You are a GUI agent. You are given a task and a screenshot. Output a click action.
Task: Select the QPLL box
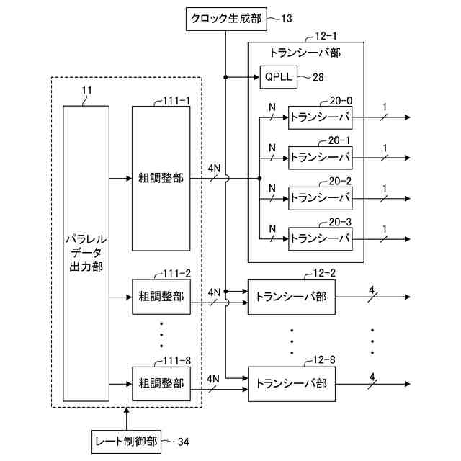click(277, 75)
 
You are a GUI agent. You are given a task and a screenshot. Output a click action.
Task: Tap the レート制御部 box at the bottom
click(126, 440)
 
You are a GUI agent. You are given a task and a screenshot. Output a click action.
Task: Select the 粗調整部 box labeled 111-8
click(161, 382)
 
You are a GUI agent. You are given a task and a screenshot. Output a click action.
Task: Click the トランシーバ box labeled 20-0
click(320, 117)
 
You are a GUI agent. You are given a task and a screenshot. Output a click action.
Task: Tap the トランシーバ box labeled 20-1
click(320, 156)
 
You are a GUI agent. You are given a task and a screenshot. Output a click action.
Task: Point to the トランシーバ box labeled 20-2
click(320, 196)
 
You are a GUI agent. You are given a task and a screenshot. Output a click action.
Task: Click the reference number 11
click(87, 91)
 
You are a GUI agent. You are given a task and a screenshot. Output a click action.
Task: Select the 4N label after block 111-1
click(214, 168)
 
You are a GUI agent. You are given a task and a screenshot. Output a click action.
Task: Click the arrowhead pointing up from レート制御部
click(126, 413)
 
